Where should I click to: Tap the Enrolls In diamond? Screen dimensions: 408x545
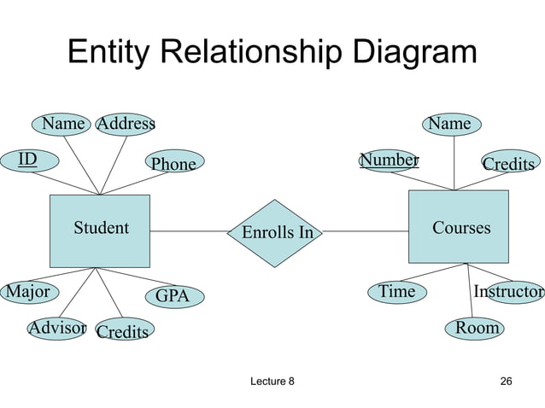point(277,232)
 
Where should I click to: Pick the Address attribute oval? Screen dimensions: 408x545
point(126,124)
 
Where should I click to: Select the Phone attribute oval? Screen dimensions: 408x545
point(173,163)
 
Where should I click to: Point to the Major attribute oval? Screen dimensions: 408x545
point(27,292)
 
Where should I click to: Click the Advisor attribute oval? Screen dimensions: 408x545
point(57,328)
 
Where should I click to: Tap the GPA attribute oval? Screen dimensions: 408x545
point(172,296)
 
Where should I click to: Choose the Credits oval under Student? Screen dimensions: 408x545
point(122,331)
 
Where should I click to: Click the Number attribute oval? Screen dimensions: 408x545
point(389,160)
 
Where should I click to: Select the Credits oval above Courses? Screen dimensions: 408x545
point(508,163)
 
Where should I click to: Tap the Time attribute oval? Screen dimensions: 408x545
point(397,292)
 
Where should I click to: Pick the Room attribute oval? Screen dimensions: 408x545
point(477,328)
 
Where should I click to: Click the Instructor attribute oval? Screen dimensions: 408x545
point(511,292)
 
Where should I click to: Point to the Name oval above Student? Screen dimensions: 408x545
point(64,124)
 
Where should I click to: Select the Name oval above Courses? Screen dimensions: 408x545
point(449,124)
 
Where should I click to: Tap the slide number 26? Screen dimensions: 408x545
point(506,380)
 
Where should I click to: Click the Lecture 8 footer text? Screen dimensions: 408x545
point(269,380)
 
